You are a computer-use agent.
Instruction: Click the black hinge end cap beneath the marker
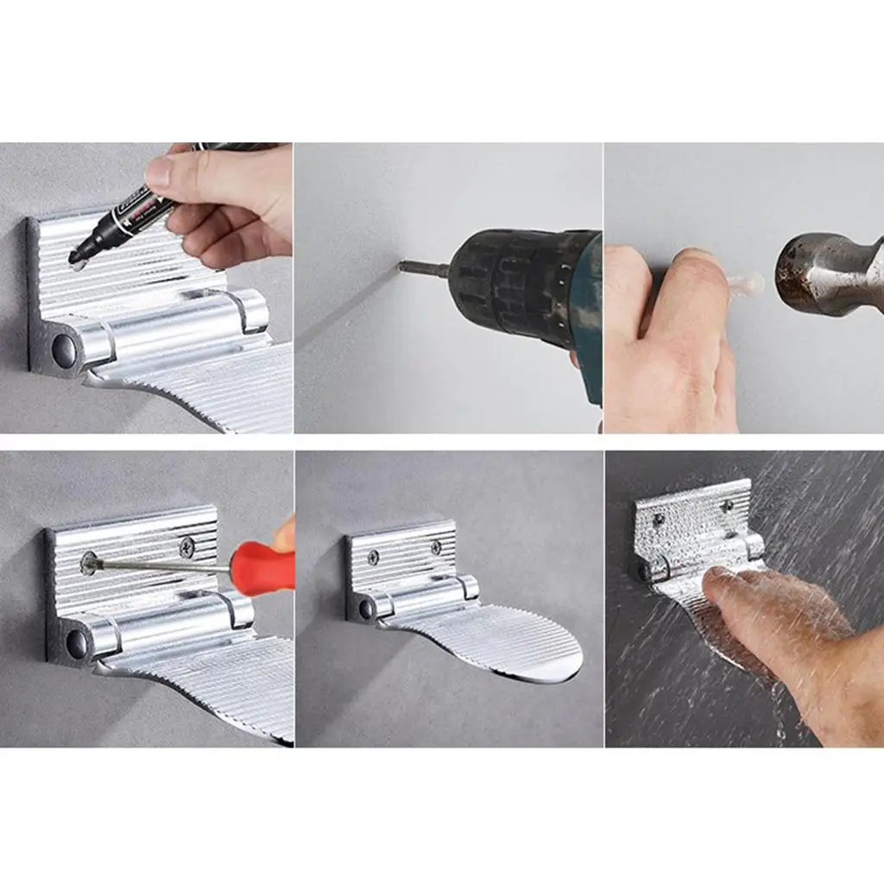(63, 349)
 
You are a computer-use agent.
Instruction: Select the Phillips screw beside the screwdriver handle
(186, 546)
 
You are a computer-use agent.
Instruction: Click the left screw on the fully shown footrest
(373, 558)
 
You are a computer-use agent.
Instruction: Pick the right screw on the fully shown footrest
(436, 548)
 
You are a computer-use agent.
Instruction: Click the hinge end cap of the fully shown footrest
(367, 609)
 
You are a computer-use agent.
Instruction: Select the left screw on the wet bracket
(659, 520)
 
